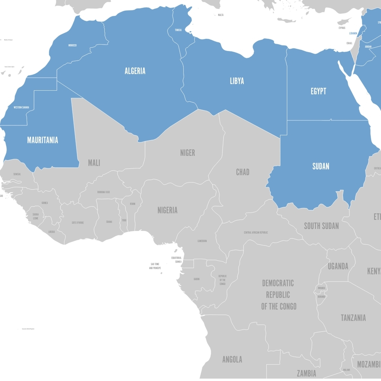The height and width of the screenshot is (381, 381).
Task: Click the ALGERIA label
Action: (x=135, y=71)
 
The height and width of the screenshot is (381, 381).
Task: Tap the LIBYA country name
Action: (x=237, y=81)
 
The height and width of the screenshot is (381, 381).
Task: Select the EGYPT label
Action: (x=318, y=91)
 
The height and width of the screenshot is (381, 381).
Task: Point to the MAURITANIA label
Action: (x=43, y=140)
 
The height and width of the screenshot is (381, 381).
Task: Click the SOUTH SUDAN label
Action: (x=321, y=226)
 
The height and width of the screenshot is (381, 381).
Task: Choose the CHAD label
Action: (x=243, y=172)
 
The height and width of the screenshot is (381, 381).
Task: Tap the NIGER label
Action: (x=187, y=153)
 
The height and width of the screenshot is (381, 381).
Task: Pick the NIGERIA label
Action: (x=168, y=210)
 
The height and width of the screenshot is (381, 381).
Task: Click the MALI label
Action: (x=94, y=163)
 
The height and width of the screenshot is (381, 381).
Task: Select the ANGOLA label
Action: (x=232, y=359)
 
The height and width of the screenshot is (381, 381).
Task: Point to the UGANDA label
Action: (x=338, y=266)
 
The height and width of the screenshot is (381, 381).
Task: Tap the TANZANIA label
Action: (x=353, y=317)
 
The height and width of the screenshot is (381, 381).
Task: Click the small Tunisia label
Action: (x=178, y=30)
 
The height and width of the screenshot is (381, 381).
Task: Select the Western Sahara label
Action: (x=21, y=107)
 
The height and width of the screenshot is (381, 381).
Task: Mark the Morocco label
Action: (x=72, y=45)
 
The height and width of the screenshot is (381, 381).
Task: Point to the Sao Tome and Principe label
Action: (x=155, y=266)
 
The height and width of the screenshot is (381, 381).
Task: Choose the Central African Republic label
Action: (x=256, y=232)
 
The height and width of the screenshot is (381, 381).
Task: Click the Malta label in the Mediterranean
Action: (x=221, y=15)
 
